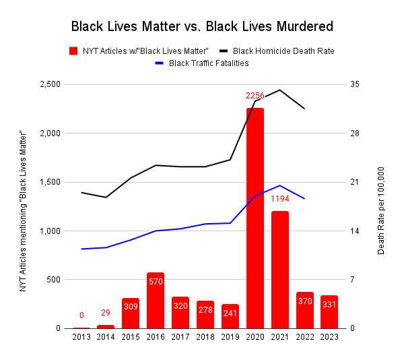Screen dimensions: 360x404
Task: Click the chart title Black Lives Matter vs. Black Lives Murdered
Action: (x=202, y=27)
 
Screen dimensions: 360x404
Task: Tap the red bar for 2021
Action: (x=279, y=270)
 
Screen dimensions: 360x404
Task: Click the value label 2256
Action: (x=255, y=96)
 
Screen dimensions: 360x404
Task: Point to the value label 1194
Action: (x=279, y=199)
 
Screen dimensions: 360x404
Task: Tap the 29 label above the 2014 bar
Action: (x=106, y=313)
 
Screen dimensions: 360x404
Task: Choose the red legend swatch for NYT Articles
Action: (x=73, y=51)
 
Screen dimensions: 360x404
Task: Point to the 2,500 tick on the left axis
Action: (x=48, y=84)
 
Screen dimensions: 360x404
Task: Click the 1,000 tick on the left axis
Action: (x=48, y=231)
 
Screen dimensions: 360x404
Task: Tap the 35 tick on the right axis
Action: (x=355, y=84)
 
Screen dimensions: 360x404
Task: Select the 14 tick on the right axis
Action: (x=355, y=231)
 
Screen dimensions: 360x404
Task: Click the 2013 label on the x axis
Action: (x=81, y=337)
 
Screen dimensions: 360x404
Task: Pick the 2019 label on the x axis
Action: (x=230, y=337)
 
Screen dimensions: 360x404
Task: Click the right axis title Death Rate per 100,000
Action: (x=381, y=210)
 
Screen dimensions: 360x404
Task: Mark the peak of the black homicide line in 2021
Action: (x=279, y=90)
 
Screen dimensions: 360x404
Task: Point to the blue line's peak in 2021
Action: (x=279, y=185)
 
